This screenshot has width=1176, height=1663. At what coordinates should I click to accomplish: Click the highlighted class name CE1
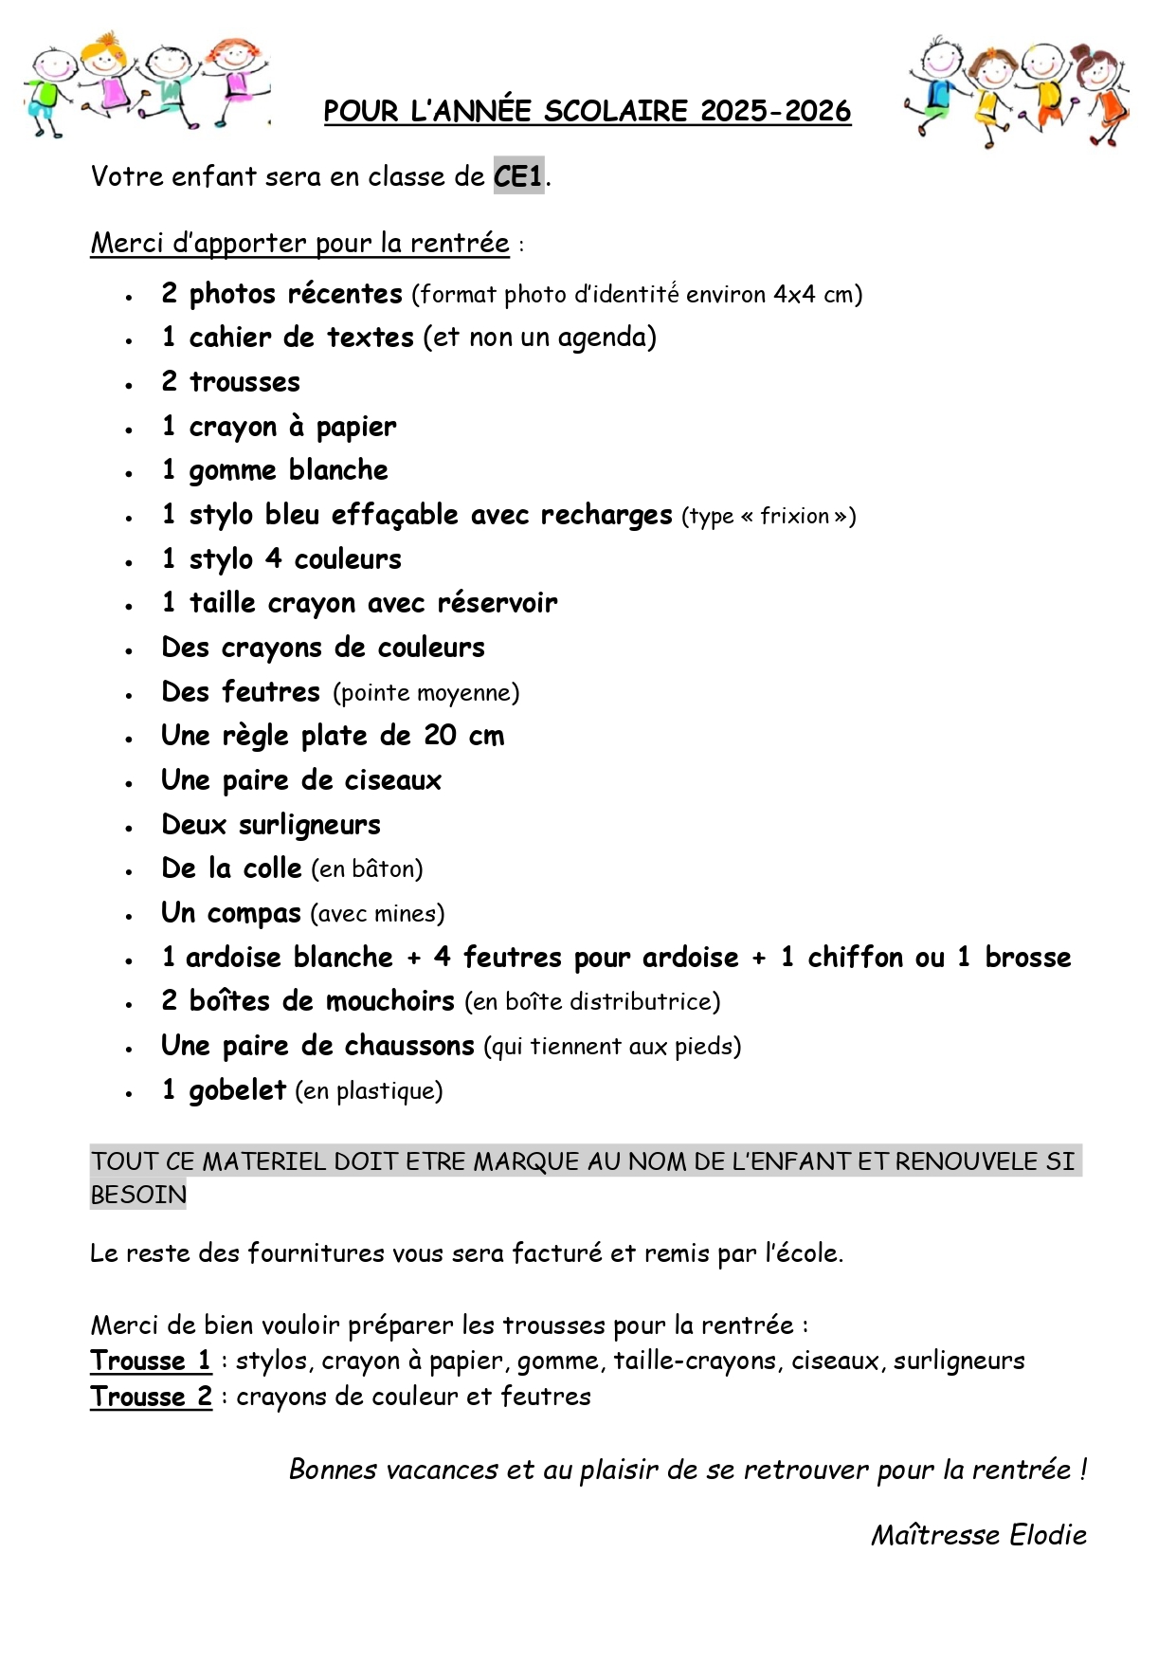pos(518,176)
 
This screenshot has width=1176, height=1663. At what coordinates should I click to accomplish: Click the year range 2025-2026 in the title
pos(775,111)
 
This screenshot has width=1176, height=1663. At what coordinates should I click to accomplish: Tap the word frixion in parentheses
pos(794,516)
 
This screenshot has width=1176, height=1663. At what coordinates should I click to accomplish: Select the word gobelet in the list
pos(237,1090)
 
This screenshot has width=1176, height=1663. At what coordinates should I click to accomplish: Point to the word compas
pos(254,913)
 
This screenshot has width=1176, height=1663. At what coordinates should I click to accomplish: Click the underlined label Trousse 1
pos(151,1361)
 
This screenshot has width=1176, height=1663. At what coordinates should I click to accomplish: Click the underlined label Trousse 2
pos(151,1397)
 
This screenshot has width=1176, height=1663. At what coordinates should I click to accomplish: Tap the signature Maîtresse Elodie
pos(978,1535)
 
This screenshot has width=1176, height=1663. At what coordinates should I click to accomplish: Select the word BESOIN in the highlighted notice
pos(138,1195)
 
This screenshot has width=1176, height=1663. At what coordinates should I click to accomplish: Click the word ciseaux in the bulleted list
pos(392,780)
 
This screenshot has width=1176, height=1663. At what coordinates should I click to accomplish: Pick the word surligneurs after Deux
pos(309,825)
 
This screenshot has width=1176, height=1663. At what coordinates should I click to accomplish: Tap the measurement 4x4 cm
pos(812,294)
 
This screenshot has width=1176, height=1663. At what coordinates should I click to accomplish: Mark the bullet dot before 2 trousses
pos(129,385)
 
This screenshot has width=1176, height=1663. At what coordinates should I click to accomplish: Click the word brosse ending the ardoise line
pos(1027,958)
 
